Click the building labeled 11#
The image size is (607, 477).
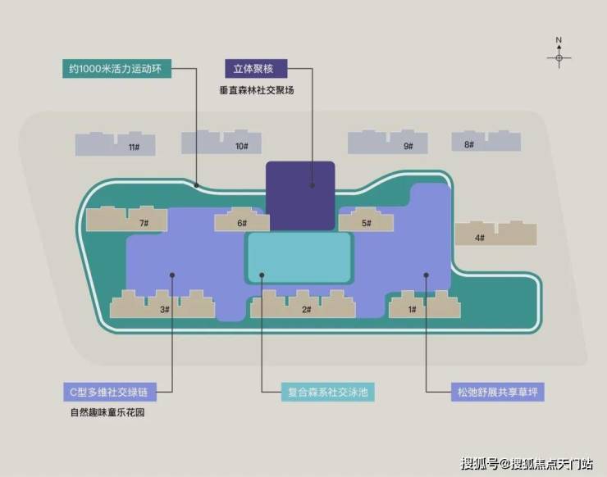click(116, 144)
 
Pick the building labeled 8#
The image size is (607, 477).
click(486, 141)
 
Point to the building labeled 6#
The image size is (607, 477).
click(242, 220)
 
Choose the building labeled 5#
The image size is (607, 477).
click(366, 220)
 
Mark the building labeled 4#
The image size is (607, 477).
click(496, 234)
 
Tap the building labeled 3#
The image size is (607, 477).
click(162, 304)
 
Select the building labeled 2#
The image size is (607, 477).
click(303, 304)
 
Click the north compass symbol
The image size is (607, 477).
click(559, 53)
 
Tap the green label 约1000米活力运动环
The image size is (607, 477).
click(117, 69)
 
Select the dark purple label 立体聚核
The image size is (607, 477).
click(256, 69)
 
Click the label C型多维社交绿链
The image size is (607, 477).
click(110, 393)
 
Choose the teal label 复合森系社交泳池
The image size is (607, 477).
click(327, 393)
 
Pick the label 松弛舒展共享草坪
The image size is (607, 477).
click(497, 393)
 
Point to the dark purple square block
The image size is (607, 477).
click(300, 196)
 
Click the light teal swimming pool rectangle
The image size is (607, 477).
click(299, 257)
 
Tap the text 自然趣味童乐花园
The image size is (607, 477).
click(107, 412)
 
